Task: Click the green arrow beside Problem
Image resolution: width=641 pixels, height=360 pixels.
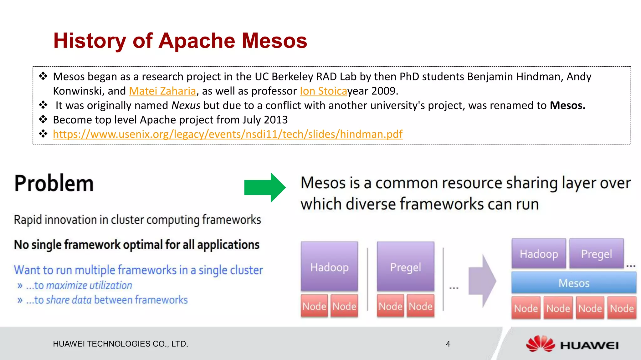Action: click(x=264, y=188)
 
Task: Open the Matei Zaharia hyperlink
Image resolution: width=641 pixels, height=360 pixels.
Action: click(x=162, y=91)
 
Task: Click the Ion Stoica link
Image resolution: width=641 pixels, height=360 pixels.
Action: click(x=323, y=91)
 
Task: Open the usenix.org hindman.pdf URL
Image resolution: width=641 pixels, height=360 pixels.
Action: click(x=228, y=134)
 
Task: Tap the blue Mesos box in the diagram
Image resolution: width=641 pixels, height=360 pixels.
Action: click(x=574, y=283)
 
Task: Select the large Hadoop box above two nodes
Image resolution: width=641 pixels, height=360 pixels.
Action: click(x=329, y=267)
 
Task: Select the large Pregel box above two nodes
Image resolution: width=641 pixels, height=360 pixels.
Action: click(x=405, y=267)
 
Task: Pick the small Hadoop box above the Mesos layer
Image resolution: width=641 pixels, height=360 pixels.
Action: click(x=539, y=254)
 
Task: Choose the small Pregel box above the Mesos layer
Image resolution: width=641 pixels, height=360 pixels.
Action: click(x=596, y=254)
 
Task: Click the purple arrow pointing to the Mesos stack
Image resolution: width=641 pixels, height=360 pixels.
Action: click(x=482, y=281)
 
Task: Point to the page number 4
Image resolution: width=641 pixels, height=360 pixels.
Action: click(x=448, y=344)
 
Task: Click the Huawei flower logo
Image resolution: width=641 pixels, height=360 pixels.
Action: click(x=540, y=344)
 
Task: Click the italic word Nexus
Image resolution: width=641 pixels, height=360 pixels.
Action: click(x=186, y=105)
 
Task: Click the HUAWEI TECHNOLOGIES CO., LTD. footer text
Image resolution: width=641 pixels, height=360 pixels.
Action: click(x=121, y=344)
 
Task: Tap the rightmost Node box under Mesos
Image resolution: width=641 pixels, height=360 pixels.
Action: click(x=622, y=308)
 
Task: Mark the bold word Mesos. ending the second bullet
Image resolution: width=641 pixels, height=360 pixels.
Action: click(x=567, y=105)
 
